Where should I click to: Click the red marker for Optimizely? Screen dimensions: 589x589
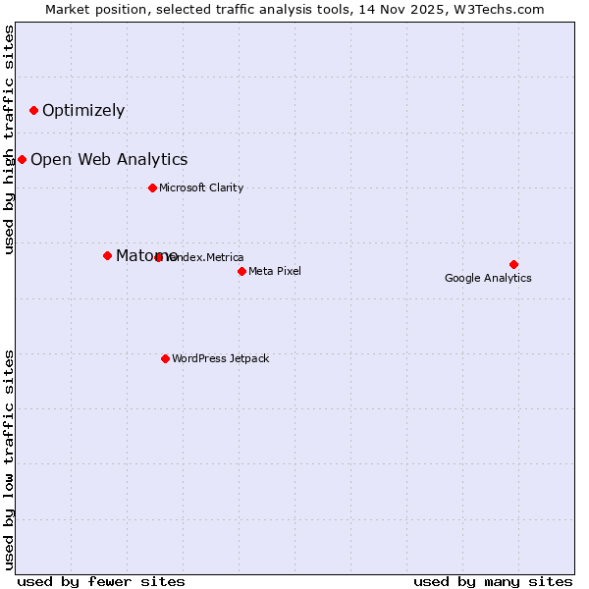33,110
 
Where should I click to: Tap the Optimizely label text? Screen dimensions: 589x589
83,110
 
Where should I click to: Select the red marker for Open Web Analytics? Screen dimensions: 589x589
22,159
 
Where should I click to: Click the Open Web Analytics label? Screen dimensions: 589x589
109,159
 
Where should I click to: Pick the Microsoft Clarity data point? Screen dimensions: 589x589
152,187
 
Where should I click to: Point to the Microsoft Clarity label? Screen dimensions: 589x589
201,187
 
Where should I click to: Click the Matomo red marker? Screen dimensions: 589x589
107,255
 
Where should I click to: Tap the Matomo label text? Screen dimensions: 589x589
146,255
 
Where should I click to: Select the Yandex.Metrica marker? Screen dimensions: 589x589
159,257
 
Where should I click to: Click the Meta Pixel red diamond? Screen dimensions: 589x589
241,271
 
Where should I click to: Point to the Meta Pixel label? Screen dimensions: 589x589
275,271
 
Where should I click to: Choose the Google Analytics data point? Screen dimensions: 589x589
513,264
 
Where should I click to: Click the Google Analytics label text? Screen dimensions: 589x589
488,278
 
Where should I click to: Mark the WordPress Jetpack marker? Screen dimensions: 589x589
165,358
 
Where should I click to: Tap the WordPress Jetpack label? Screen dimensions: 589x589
220,358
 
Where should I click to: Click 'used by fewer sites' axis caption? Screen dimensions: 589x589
101,581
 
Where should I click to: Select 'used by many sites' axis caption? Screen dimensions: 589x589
493,581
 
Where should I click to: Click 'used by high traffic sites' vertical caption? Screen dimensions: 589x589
9,139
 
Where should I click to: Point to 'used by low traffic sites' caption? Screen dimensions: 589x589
9,459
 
